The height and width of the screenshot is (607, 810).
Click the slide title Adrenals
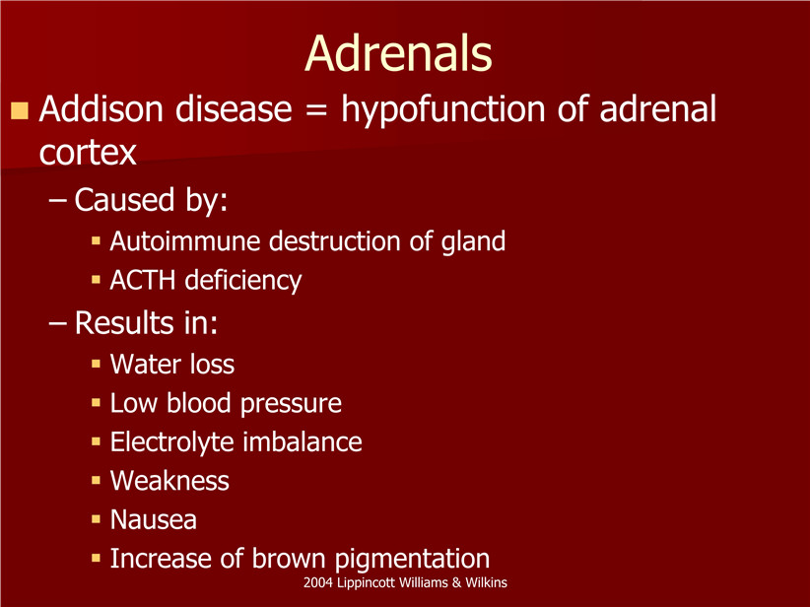coord(398,53)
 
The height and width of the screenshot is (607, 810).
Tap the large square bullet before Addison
coord(20,110)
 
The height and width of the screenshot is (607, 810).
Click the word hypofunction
coord(442,110)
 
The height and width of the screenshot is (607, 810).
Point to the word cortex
coord(88,153)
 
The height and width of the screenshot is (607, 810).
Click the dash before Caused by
coord(57,201)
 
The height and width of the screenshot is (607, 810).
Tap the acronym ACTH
coord(143,280)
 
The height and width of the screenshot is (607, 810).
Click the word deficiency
coord(243,281)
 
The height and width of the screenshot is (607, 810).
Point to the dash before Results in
coord(57,324)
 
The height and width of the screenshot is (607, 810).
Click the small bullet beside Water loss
coord(96,364)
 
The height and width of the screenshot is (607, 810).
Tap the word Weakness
coord(169,481)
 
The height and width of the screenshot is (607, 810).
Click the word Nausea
coord(154,519)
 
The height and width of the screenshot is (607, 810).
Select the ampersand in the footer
coord(456,583)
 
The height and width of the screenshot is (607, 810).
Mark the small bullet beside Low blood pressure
coord(96,402)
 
